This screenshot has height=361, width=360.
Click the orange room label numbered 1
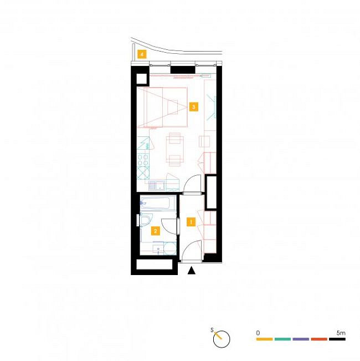[x=191, y=222]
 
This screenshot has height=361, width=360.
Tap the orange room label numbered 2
[x=156, y=231]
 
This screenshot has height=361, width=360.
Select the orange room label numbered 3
[x=193, y=107]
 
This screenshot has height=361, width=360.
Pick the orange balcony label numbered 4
[x=142, y=54]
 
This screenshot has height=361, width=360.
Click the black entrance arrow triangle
[x=191, y=271]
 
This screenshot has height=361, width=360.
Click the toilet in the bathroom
[x=145, y=220]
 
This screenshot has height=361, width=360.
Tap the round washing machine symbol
[x=170, y=248]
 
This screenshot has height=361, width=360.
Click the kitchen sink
[x=157, y=185]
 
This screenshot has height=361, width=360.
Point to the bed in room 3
[x=162, y=107]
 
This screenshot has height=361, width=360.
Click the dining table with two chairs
[x=174, y=149]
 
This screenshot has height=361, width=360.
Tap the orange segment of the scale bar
[x=264, y=339]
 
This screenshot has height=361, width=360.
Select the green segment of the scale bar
[x=282, y=339]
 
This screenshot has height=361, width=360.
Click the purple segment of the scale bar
[x=301, y=339]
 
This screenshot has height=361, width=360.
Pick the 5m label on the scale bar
[x=341, y=333]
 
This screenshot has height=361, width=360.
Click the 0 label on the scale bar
[x=258, y=333]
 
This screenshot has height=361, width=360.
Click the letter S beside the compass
[x=212, y=330]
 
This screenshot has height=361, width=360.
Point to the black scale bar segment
[x=337, y=339]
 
